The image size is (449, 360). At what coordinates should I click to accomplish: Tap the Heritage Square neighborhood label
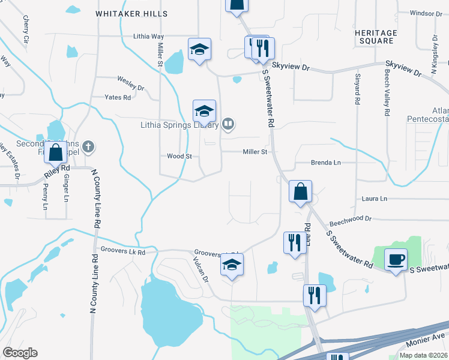click(376, 37)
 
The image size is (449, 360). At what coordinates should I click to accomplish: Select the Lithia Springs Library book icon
click(228, 124)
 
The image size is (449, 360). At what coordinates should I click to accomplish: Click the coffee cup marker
click(396, 260)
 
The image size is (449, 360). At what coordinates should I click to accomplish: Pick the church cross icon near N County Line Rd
click(88, 146)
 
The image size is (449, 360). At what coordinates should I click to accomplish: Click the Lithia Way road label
click(149, 37)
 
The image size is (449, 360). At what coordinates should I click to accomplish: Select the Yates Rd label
click(118, 97)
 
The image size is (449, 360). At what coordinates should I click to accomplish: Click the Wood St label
click(179, 156)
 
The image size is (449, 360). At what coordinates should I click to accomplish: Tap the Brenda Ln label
click(325, 163)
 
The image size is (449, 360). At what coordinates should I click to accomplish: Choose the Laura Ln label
click(375, 198)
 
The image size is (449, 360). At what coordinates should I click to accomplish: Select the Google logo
click(20, 353)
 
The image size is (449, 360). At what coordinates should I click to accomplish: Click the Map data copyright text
click(423, 355)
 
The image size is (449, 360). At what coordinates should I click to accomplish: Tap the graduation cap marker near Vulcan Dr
click(232, 265)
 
